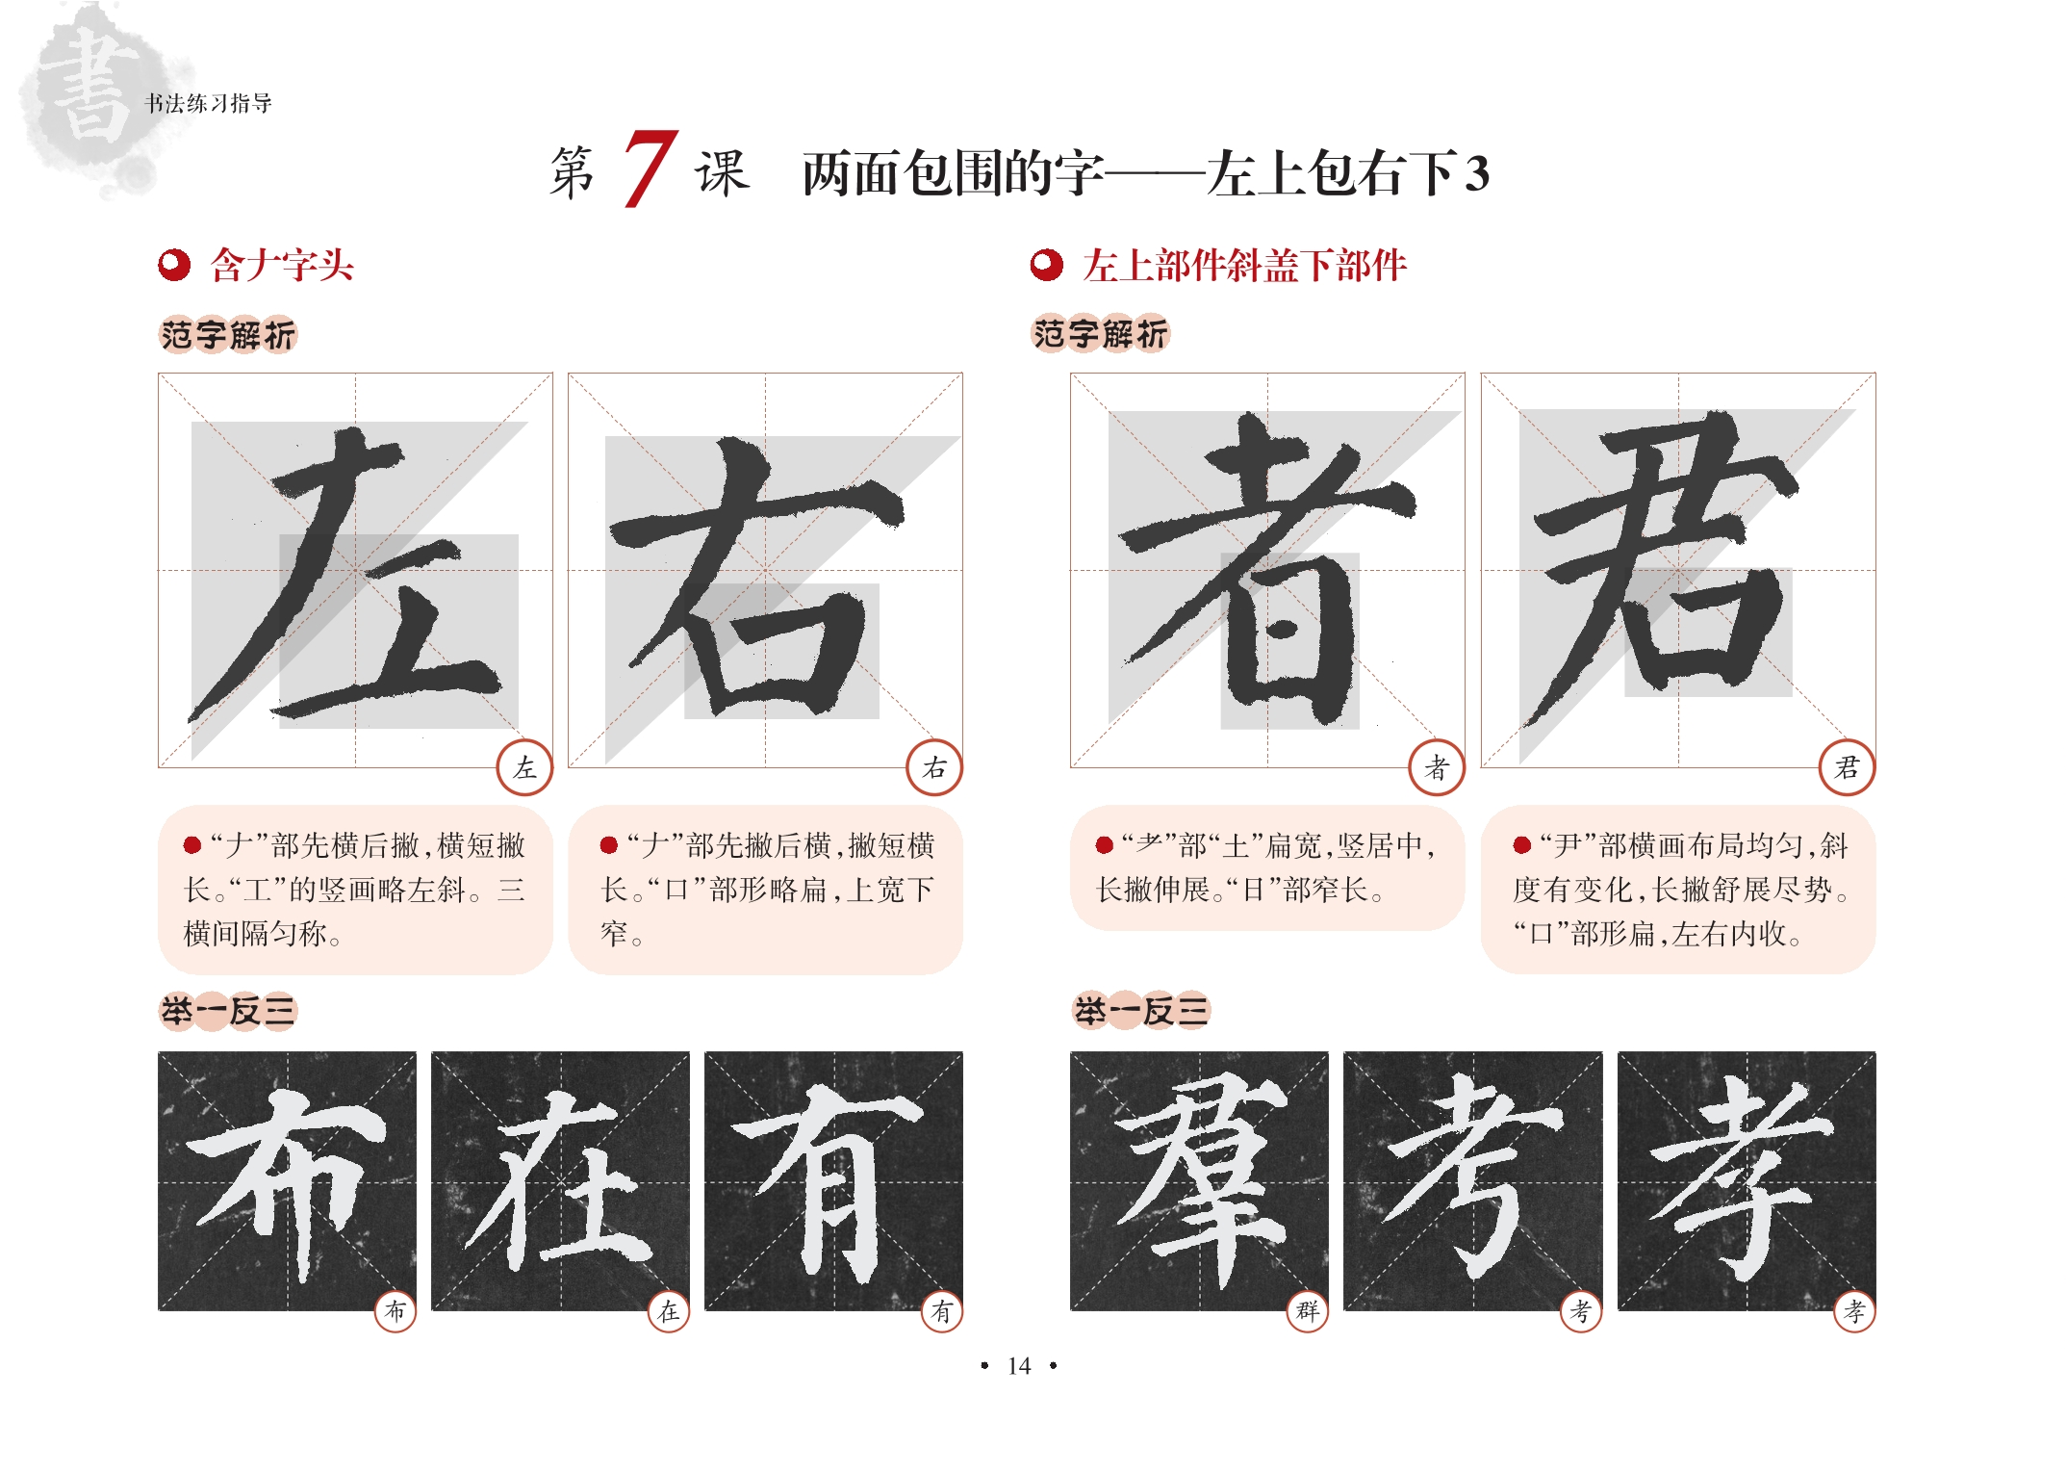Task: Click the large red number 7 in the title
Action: (x=650, y=168)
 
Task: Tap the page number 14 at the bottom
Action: (x=1018, y=1366)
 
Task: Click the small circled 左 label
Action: (x=524, y=767)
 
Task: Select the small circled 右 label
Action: (x=934, y=767)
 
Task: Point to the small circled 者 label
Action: (x=1437, y=767)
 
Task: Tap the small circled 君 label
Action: (x=1847, y=767)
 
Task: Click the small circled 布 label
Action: (x=395, y=1310)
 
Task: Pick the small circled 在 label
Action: (x=669, y=1310)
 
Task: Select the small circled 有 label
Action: (x=942, y=1310)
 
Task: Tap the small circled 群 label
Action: (x=1308, y=1310)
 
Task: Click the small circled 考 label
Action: (x=1581, y=1310)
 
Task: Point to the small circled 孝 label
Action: (x=1854, y=1310)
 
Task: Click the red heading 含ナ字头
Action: (x=282, y=266)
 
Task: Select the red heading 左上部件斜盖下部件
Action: (x=1244, y=266)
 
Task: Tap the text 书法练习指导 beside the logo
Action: (x=208, y=103)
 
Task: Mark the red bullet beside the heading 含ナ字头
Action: (x=174, y=266)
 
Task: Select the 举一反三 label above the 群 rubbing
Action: (x=1141, y=1011)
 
